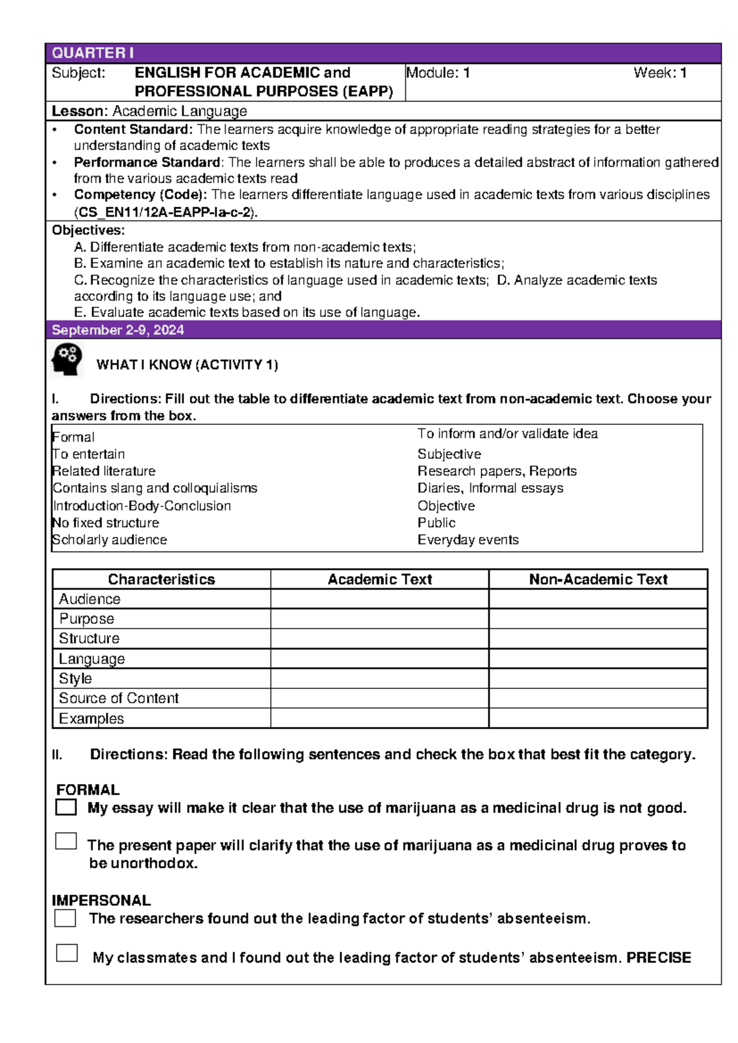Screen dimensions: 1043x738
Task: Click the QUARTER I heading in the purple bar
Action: click(92, 53)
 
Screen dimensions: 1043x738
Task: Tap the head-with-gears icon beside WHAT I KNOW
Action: click(66, 360)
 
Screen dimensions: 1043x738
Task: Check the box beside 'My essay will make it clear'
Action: click(66, 807)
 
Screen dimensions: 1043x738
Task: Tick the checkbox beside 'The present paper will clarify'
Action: click(66, 841)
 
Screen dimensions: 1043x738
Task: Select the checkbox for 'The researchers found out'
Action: click(65, 918)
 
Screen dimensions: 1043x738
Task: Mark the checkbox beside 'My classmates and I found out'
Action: click(66, 953)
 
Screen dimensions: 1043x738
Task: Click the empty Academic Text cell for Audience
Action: click(379, 599)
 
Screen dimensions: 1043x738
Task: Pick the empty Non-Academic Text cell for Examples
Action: click(598, 718)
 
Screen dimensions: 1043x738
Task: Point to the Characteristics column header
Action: click(161, 579)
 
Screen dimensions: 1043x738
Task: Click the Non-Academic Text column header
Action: click(598, 579)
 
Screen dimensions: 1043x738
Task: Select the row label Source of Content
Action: click(119, 698)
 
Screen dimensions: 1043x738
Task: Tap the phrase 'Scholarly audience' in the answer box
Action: click(109, 540)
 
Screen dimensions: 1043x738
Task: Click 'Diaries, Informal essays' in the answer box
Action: click(490, 488)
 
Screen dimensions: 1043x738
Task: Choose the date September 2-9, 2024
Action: click(117, 330)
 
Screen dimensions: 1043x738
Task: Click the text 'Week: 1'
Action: click(660, 73)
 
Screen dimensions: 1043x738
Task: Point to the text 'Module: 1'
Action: click(438, 73)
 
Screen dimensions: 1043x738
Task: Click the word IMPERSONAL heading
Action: click(101, 900)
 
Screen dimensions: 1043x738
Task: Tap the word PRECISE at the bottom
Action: click(659, 958)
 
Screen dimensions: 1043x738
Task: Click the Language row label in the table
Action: click(92, 659)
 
